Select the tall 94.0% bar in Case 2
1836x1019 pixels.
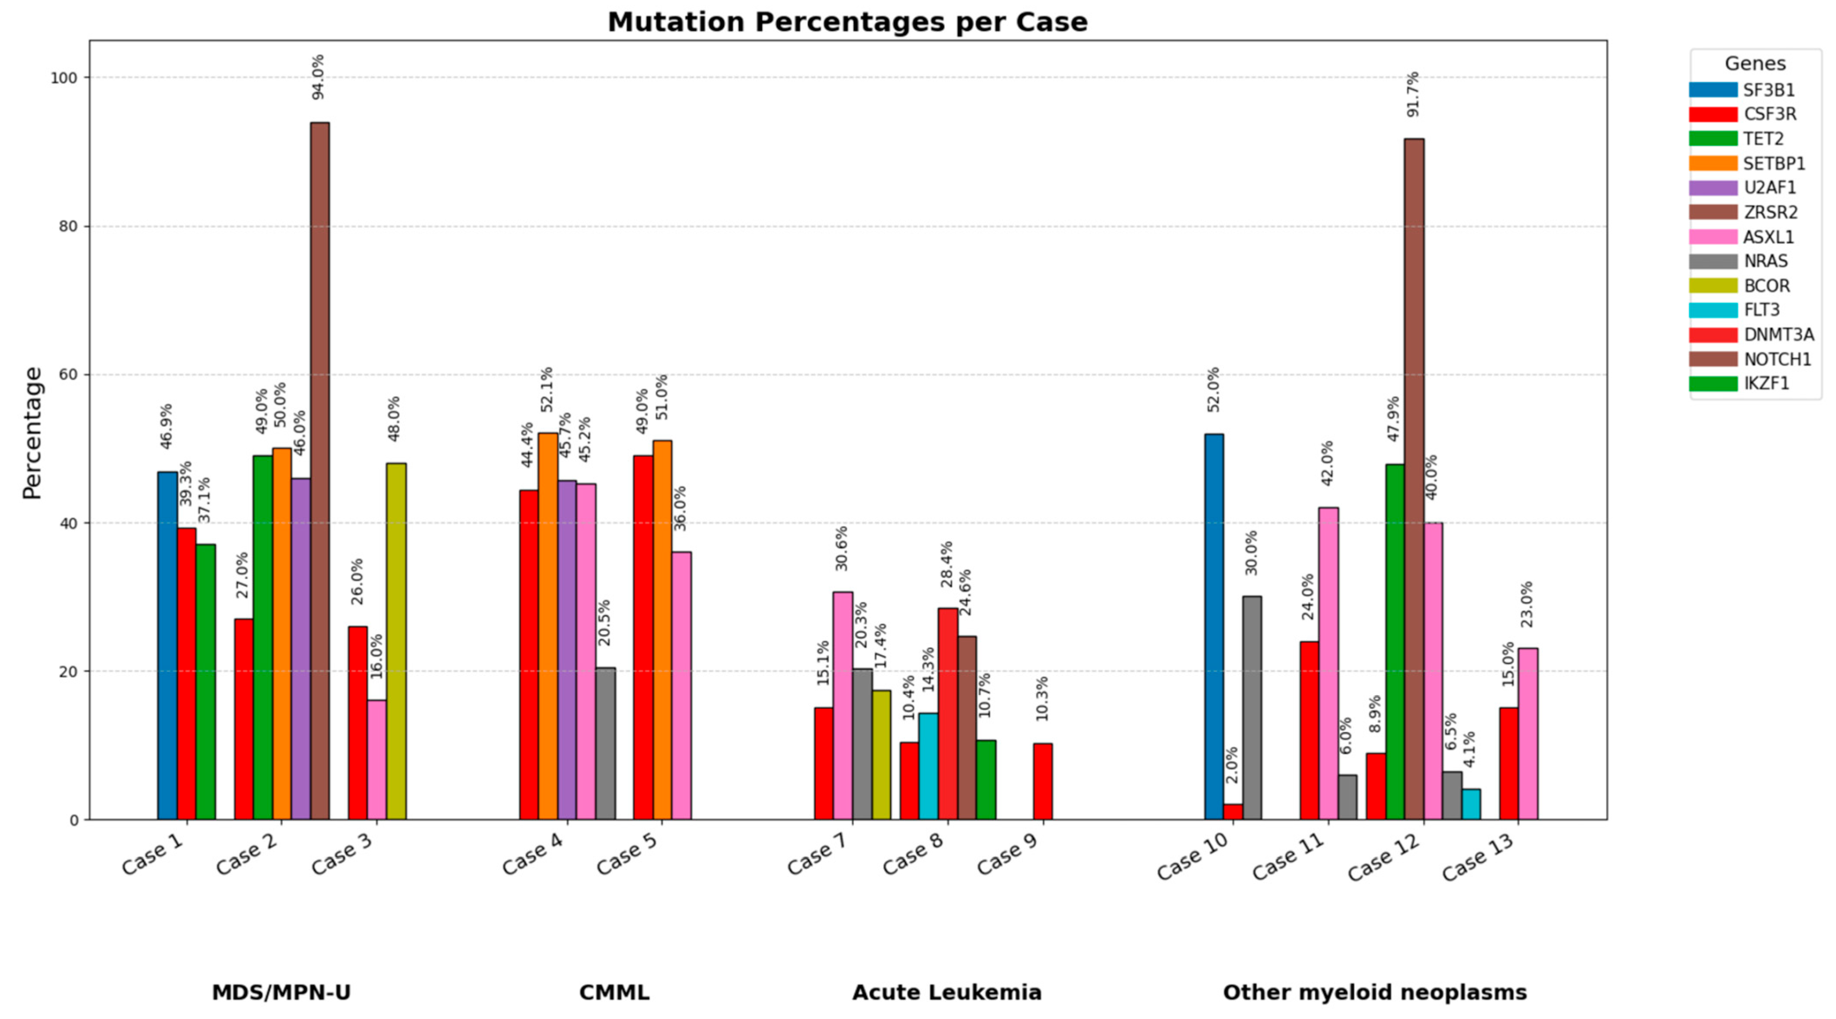[320, 471]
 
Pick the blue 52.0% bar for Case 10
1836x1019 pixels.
[1214, 627]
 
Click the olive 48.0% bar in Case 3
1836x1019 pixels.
[396, 641]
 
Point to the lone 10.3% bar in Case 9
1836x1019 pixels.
[1043, 782]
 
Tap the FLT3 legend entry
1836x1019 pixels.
[1761, 310]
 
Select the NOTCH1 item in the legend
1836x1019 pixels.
[1777, 359]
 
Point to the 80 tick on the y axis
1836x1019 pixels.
[68, 227]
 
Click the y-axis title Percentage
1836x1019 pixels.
[32, 432]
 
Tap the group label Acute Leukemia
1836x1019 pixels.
[947, 992]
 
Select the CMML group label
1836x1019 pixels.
[614, 992]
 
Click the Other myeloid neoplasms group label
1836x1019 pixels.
[1374, 992]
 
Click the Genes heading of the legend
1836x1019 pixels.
[1755, 63]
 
